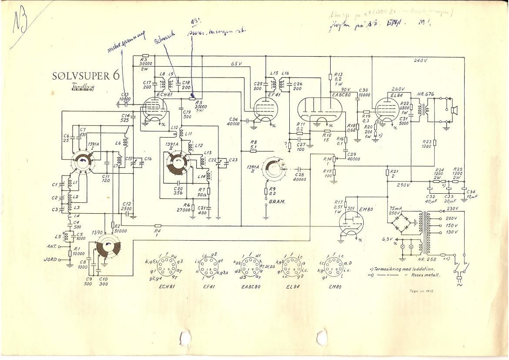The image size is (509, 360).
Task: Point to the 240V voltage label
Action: (x=421, y=61)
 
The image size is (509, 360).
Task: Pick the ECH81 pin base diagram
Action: (x=166, y=266)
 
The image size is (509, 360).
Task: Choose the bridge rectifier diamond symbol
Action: (x=402, y=222)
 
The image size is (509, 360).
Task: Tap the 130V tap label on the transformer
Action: (x=452, y=232)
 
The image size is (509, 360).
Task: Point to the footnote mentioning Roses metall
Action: (x=417, y=275)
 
